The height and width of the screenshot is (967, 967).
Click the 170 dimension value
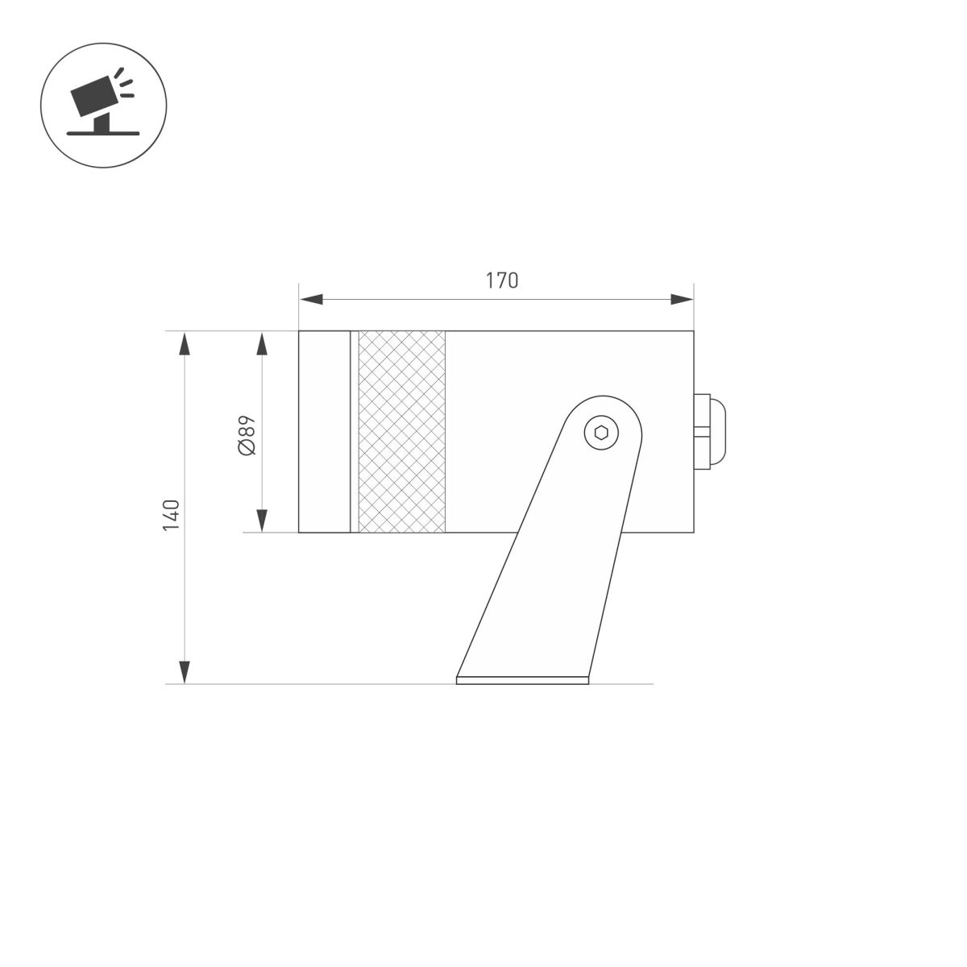tap(501, 280)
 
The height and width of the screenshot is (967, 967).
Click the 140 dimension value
tap(171, 515)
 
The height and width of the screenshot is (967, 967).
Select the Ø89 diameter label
tap(247, 434)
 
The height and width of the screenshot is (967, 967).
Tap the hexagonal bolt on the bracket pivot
tap(600, 432)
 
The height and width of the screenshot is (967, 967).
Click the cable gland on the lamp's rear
tap(710, 432)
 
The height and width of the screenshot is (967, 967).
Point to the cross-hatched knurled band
tap(401, 432)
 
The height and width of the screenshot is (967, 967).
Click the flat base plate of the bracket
tap(522, 680)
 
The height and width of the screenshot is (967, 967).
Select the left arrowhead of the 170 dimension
tap(311, 300)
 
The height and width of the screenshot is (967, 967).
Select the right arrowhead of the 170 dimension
tap(682, 300)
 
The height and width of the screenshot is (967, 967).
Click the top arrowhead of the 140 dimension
tap(185, 343)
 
